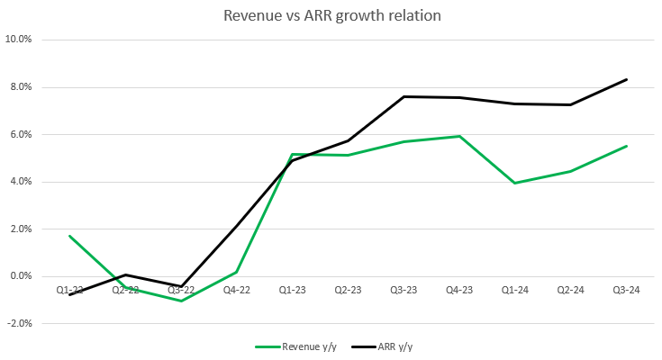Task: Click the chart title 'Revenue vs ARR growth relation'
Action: coord(331,15)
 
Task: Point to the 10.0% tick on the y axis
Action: coord(19,40)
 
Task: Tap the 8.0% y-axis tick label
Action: coord(21,87)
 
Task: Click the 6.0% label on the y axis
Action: coord(21,134)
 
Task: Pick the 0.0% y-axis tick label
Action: coord(21,276)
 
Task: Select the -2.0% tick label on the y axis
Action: coord(19,323)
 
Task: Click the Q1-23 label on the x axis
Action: coord(292,290)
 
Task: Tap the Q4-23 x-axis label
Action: coord(459,290)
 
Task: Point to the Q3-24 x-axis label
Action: coord(626,290)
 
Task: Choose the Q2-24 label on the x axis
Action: coord(570,290)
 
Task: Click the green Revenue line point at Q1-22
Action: coord(69,236)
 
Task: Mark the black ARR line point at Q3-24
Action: coord(626,79)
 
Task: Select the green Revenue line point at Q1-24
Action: coord(514,183)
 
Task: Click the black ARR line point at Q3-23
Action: coord(404,96)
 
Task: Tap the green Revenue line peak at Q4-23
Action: coord(459,136)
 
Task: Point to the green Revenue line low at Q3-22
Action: coord(181,301)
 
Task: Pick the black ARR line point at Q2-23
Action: coord(348,140)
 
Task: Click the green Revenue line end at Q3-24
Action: coord(626,146)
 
